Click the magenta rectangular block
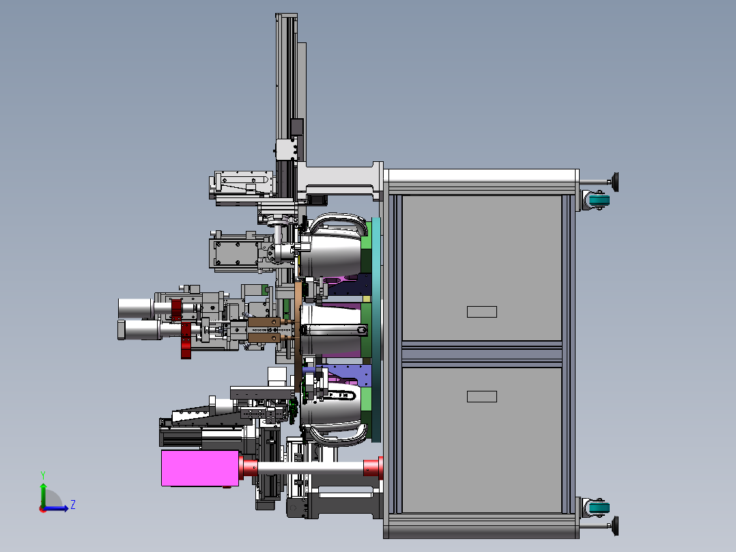pyautogui.click(x=200, y=468)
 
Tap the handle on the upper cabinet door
pyautogui.click(x=481, y=312)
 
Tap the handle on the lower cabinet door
pyautogui.click(x=481, y=396)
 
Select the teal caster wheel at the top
pyautogui.click(x=599, y=200)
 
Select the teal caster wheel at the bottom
pyautogui.click(x=599, y=508)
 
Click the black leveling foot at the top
pyautogui.click(x=615, y=182)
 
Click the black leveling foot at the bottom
pyautogui.click(x=615, y=525)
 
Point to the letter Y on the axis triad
pyautogui.click(x=43, y=475)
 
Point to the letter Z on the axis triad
pyautogui.click(x=73, y=505)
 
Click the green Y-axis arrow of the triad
pyautogui.click(x=43, y=494)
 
